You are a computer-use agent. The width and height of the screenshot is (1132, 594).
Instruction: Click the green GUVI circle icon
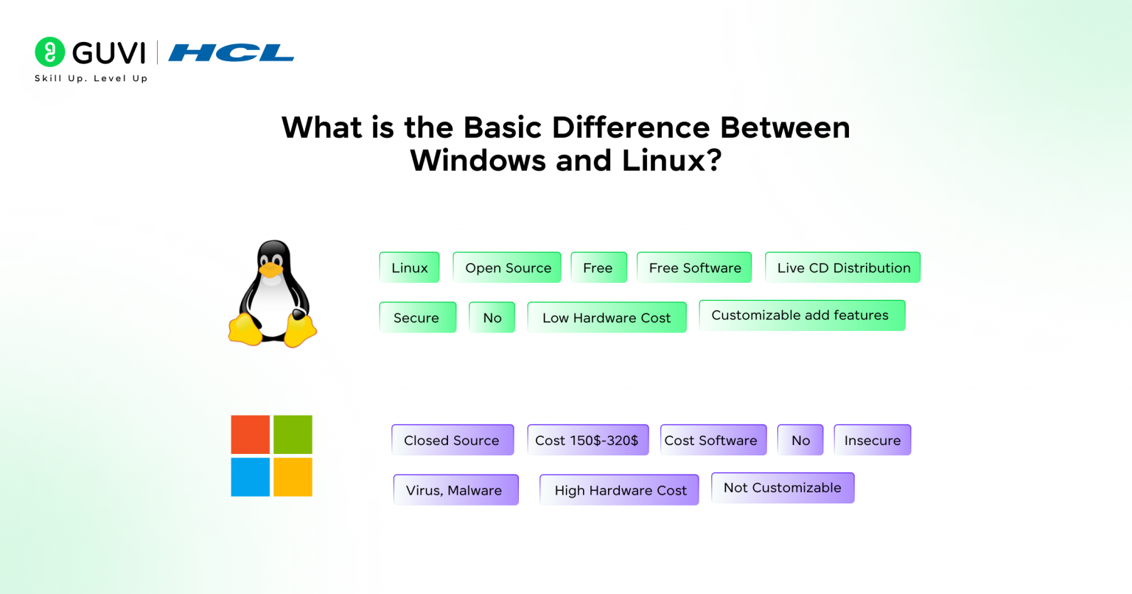50,52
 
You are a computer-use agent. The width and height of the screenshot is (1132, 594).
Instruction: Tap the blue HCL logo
231,53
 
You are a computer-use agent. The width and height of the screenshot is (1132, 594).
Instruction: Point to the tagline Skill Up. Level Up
91,78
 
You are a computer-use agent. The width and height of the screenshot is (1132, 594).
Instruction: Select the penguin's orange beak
271,270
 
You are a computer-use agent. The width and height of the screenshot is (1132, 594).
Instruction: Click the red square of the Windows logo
251,435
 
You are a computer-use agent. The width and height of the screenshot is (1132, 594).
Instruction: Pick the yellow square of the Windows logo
293,477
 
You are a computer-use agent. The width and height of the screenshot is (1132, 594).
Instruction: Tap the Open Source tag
507,268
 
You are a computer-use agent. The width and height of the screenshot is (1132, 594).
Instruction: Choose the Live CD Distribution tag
842,268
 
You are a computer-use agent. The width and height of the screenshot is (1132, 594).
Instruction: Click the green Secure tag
417,318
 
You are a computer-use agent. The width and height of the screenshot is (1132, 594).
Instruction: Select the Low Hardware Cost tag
607,318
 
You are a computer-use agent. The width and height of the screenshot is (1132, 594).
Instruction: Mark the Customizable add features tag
801,315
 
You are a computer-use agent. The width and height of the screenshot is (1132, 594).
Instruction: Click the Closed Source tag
452,440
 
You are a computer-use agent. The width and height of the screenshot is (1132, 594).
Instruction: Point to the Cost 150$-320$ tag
587,440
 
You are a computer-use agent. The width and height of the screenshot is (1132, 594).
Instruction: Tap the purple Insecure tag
872,440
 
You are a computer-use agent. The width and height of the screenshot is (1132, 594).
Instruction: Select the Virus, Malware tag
455,490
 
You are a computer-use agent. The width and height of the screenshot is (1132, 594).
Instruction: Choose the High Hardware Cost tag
619,490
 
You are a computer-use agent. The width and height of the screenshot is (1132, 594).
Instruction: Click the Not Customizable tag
782,488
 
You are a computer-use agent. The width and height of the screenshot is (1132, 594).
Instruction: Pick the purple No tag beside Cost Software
800,440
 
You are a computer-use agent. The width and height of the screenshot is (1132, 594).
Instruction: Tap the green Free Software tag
694,268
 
